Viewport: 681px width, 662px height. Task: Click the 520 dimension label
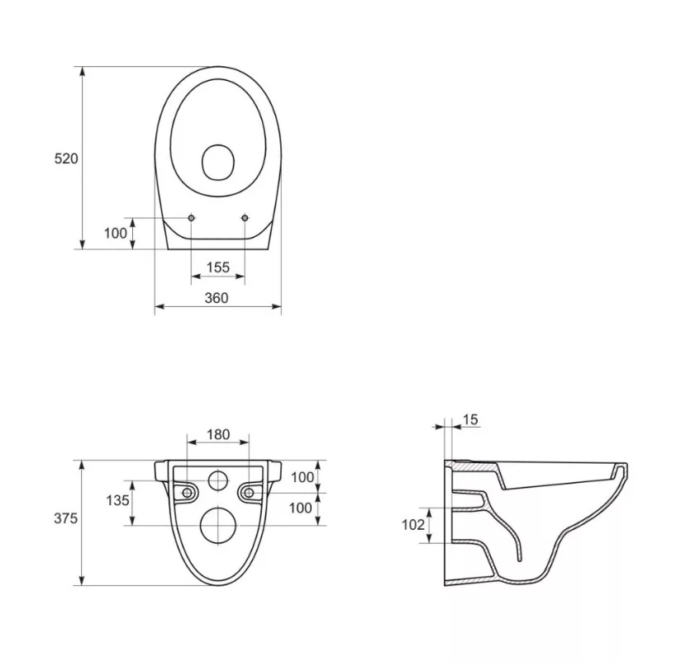point(66,158)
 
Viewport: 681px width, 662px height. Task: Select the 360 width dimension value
point(217,298)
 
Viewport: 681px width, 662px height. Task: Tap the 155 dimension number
point(218,267)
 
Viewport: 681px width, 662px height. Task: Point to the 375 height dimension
point(65,518)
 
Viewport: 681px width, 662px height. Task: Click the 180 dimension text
point(218,434)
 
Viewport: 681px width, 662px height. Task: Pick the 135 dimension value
point(117,500)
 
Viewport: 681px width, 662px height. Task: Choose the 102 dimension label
point(413,525)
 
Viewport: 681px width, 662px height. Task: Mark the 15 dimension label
point(470,419)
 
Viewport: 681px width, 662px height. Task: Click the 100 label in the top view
point(116,234)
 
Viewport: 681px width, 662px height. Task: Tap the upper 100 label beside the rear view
point(302,477)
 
